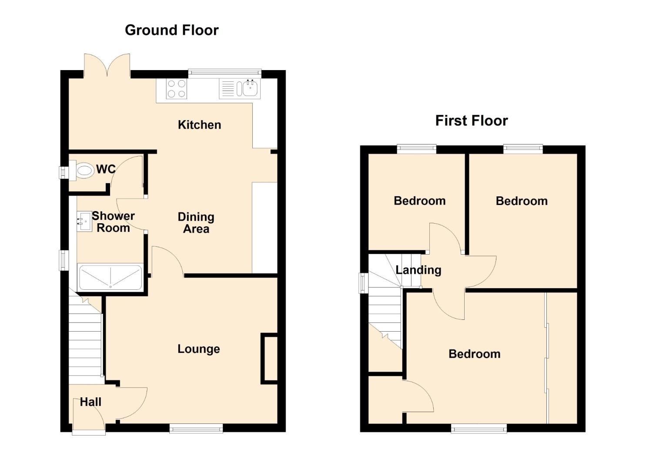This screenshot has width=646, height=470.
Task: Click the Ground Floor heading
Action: coord(171,30)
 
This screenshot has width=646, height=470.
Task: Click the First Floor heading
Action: coord(472,121)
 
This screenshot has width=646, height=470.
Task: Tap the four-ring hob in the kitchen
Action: coord(177,89)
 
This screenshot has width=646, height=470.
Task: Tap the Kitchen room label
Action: coord(199,124)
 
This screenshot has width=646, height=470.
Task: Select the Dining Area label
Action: coord(196,223)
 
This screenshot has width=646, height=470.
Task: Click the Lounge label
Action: coord(199,349)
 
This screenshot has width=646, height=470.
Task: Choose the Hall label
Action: coord(90,402)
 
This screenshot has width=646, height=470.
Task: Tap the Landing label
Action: coord(418,270)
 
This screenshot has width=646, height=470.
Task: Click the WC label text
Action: coord(106,169)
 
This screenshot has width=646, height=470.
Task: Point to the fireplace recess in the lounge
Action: coord(269,359)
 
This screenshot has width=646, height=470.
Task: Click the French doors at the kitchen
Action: coord(107,66)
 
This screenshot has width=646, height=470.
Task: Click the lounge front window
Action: coord(196,428)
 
